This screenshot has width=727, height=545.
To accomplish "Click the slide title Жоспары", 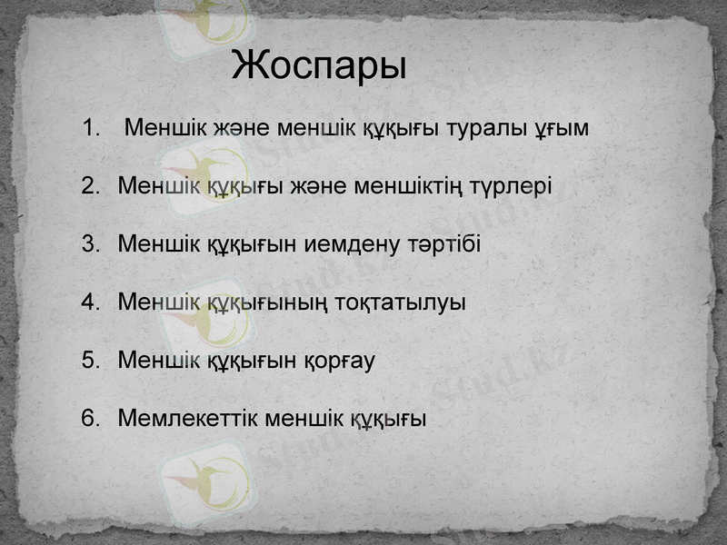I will [318, 67].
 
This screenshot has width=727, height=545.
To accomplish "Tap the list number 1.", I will [89, 128].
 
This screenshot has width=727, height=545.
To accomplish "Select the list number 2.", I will [89, 186].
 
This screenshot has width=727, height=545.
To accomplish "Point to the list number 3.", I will [89, 244].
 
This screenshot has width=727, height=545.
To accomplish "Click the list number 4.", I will [89, 302].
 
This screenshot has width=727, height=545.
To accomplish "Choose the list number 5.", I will [89, 360].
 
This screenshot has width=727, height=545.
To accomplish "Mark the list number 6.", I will [89, 418].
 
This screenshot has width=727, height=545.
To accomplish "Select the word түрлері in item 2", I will [511, 187].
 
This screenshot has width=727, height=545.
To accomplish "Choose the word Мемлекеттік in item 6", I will [187, 418].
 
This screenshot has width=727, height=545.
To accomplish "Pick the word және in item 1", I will [243, 128].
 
